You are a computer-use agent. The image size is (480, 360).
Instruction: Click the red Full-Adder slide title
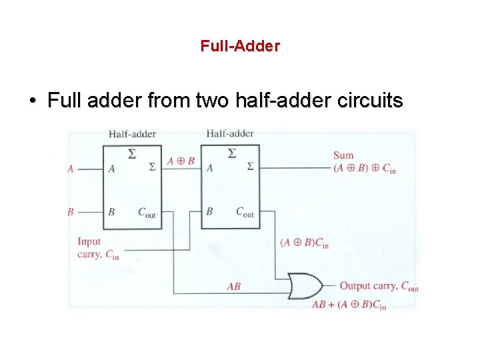240,46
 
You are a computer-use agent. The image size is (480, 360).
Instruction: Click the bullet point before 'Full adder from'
32,102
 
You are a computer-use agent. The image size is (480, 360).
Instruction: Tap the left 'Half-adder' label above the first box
132,134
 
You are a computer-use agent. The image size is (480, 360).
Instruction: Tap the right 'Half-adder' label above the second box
230,133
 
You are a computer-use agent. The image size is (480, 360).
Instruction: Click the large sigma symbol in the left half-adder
132,154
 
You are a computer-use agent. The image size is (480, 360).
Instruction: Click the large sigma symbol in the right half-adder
231,154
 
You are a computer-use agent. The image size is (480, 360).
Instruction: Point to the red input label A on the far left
70,169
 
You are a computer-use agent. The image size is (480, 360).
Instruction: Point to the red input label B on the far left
70,212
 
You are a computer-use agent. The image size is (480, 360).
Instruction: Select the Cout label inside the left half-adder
147,213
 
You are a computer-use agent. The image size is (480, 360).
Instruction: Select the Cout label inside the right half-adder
245,212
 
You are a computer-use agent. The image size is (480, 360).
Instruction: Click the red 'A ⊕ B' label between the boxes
180,161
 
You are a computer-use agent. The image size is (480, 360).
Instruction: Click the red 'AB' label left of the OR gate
233,287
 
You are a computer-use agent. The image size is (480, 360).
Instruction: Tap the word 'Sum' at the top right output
343,156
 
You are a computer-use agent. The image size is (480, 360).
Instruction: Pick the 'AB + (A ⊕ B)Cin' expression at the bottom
349,305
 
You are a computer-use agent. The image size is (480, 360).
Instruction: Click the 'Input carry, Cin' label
97,248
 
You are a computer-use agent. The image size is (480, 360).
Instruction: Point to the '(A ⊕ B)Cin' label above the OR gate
304,243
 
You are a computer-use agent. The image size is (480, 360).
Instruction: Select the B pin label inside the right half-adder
209,211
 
